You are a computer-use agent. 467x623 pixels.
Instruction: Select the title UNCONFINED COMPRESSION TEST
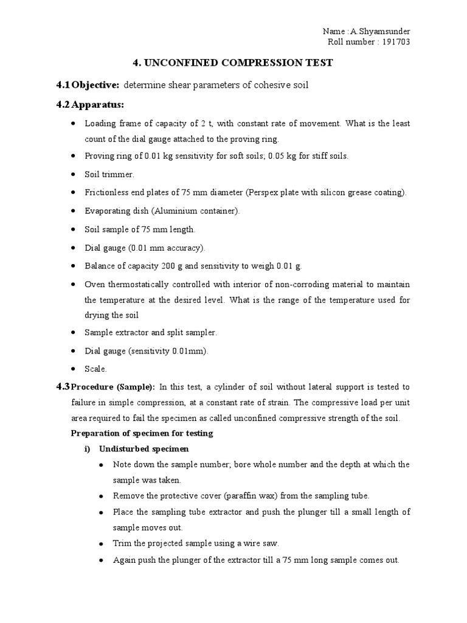pyautogui.click(x=240, y=63)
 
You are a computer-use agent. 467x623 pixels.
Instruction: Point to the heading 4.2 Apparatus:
pyautogui.click(x=89, y=105)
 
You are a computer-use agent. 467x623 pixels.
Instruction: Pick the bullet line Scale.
pyautogui.click(x=95, y=369)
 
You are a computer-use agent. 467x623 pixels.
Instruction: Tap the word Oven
pyautogui.click(x=94, y=285)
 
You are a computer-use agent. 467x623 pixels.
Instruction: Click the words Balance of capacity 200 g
pyautogui.click(x=133, y=266)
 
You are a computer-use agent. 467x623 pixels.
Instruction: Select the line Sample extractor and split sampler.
pyautogui.click(x=151, y=333)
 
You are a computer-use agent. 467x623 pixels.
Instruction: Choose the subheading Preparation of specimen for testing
pyautogui.click(x=142, y=433)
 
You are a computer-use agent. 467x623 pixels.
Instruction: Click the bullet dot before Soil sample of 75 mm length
pyautogui.click(x=73, y=230)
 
